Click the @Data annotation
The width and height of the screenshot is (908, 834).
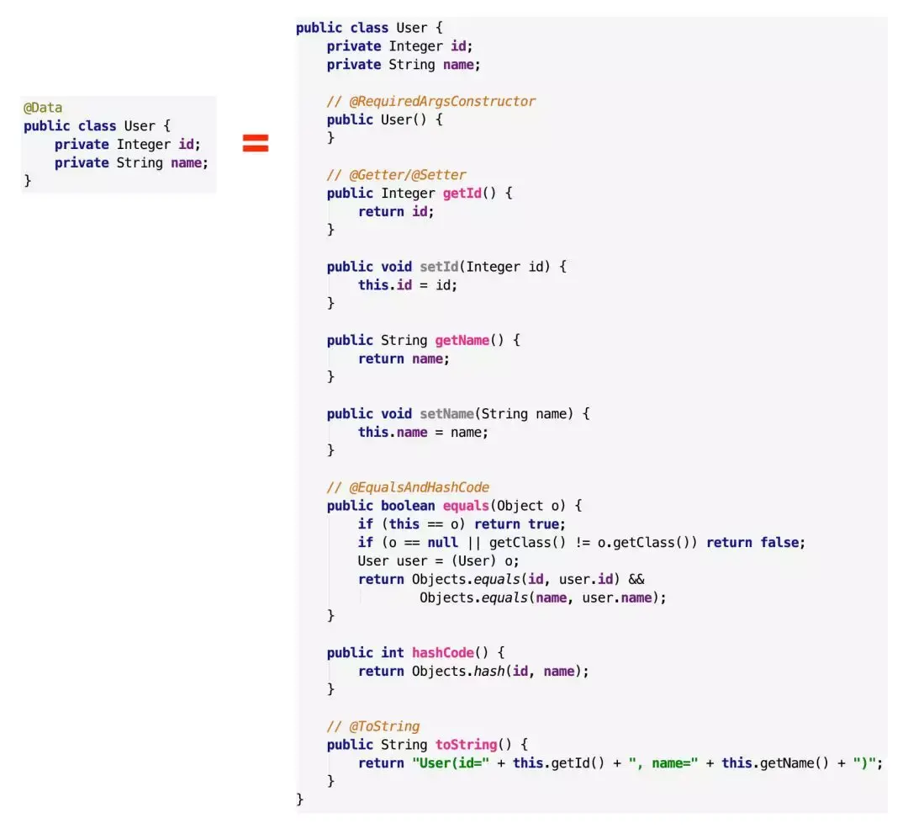tap(43, 108)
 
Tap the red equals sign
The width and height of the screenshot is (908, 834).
tap(256, 143)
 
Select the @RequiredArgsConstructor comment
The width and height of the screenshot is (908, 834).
tap(430, 102)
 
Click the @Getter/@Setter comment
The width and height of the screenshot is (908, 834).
tap(396, 175)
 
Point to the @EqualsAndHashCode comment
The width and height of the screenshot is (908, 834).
tap(408, 487)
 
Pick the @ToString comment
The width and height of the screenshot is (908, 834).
tap(373, 726)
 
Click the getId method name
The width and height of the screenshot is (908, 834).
tap(462, 194)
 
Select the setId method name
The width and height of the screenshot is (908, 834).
tap(439, 267)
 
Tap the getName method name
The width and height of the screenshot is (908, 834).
tap(462, 340)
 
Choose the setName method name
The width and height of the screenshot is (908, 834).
tap(447, 414)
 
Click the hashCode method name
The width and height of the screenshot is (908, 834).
tap(443, 652)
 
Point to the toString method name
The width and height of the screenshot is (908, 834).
tap(466, 745)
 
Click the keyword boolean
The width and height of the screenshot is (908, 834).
tap(408, 506)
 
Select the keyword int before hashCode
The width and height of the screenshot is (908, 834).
tap(392, 652)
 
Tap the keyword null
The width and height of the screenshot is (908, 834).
tap(442, 543)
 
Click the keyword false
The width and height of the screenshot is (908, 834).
tap(779, 543)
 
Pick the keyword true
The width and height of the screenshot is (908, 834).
tap(543, 524)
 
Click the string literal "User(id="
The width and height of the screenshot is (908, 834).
tap(451, 763)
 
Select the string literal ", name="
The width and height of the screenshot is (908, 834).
tap(663, 763)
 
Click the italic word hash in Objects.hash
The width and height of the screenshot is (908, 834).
tap(489, 671)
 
